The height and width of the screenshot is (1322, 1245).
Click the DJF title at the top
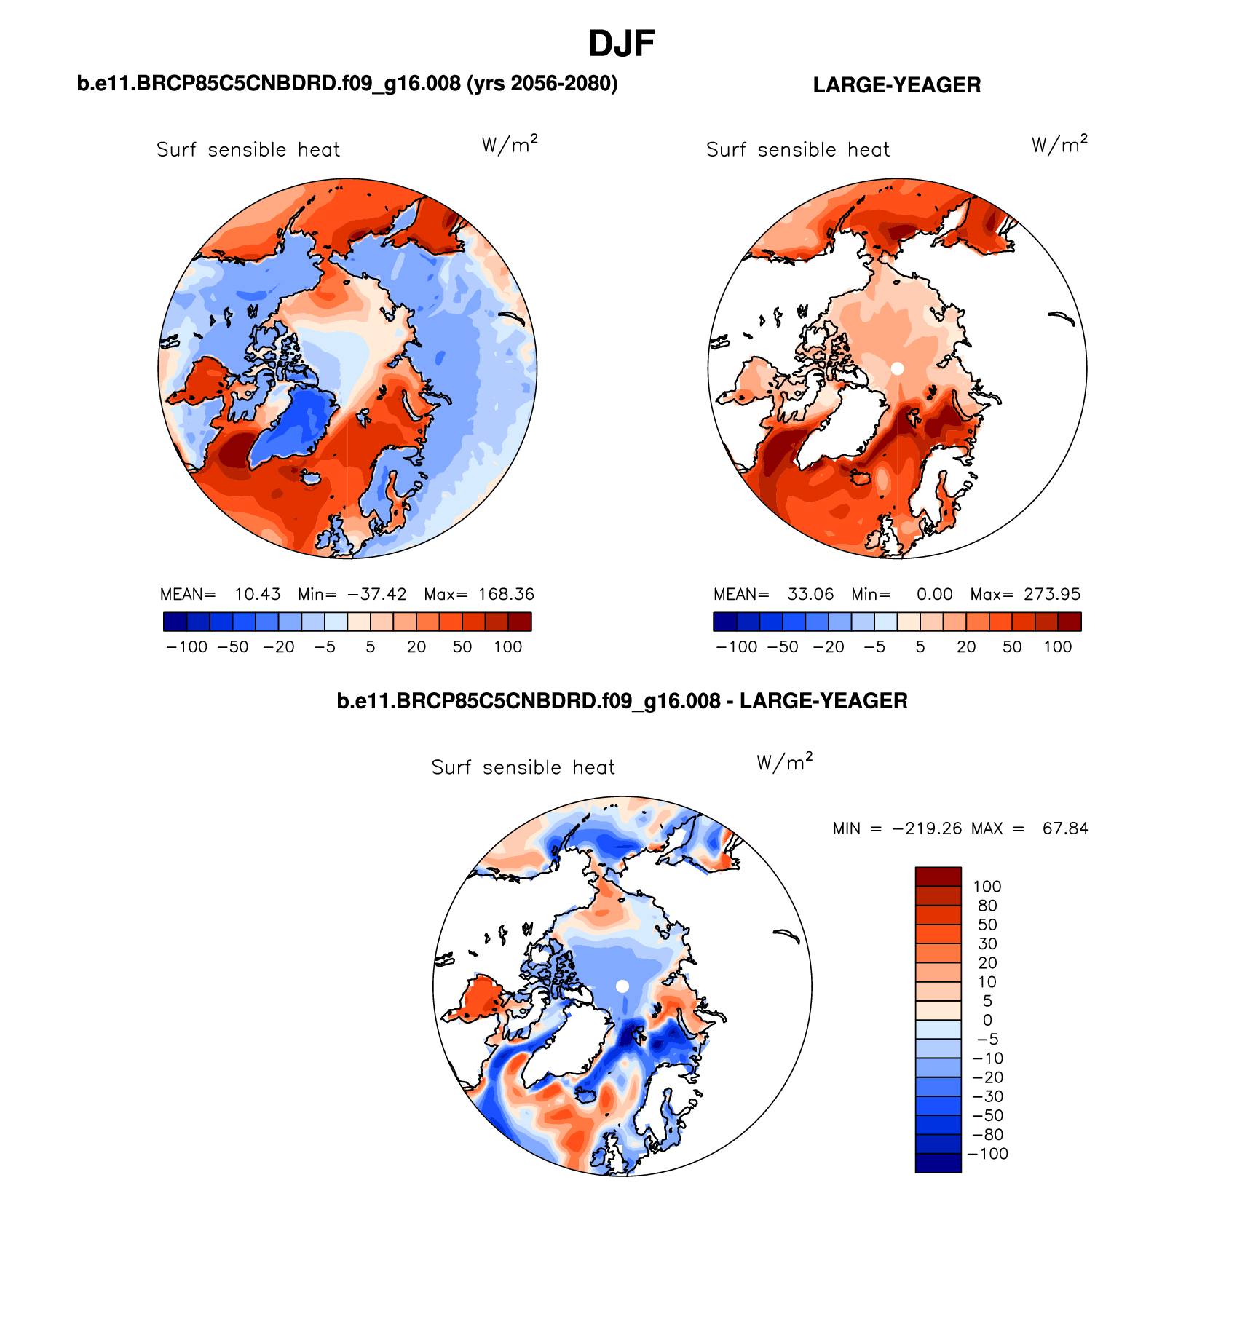point(621,44)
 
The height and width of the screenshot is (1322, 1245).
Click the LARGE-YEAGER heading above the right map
point(896,85)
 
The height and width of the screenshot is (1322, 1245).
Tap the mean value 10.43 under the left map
point(257,594)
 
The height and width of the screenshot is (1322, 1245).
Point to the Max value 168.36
point(506,594)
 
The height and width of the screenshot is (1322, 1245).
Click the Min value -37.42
point(376,594)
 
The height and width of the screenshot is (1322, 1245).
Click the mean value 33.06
point(810,594)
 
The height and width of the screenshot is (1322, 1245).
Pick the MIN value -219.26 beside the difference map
point(927,828)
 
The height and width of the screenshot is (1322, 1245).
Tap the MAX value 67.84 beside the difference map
point(1065,828)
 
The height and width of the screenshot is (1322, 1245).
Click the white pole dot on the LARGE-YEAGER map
point(897,368)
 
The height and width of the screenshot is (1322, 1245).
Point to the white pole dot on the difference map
point(622,986)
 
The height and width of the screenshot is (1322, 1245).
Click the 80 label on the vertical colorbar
point(987,906)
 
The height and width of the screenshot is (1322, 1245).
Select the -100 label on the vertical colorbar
point(988,1154)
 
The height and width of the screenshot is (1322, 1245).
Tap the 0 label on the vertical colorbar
point(987,1020)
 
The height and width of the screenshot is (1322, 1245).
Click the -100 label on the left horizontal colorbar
point(187,646)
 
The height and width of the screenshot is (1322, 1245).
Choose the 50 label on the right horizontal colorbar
point(1011,646)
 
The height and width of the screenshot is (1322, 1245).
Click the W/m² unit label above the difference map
point(784,762)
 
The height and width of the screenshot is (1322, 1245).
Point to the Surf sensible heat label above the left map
point(248,150)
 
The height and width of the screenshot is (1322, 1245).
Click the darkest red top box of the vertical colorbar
point(938,876)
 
